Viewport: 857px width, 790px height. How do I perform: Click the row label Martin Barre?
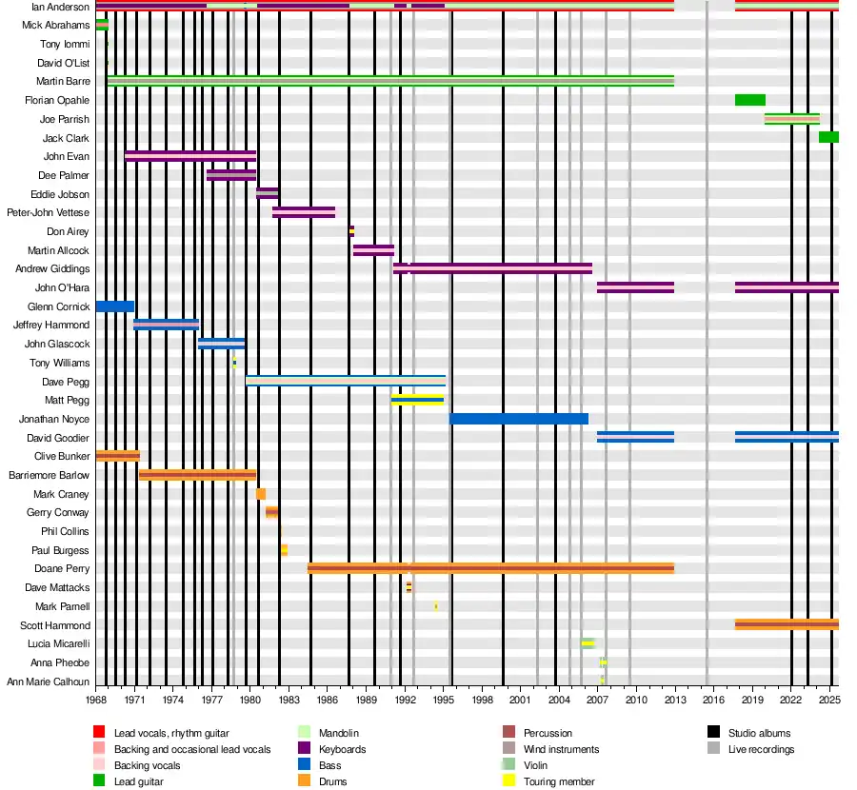click(63, 82)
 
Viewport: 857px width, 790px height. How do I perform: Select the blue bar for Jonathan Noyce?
click(518, 419)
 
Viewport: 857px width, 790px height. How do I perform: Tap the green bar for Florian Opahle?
click(749, 100)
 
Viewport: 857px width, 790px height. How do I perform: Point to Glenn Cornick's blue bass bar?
click(114, 306)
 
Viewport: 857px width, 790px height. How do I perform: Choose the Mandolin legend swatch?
click(305, 733)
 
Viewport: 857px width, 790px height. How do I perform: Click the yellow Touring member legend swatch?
click(508, 781)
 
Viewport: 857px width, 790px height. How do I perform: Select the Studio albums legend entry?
click(759, 733)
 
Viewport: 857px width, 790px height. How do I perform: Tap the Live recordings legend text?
click(761, 749)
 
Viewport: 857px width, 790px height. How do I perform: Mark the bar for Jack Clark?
click(828, 137)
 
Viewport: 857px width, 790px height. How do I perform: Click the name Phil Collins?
click(65, 531)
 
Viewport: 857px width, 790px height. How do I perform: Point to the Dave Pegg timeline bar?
click(345, 381)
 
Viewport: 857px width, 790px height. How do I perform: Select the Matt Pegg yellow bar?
click(417, 400)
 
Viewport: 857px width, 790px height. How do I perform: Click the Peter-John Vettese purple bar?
click(303, 212)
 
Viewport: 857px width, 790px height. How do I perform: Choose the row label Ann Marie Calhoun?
click(49, 681)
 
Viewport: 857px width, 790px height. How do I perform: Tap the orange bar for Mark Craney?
click(261, 494)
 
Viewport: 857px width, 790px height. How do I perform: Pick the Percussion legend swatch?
click(508, 733)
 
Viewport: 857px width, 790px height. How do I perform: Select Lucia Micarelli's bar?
click(588, 643)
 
